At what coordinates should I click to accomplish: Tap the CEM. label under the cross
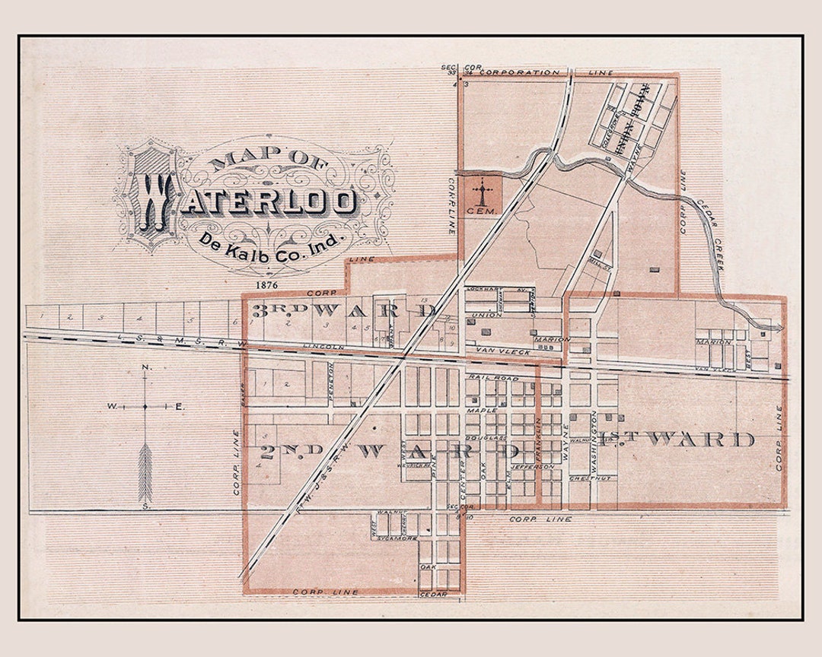pyautogui.click(x=481, y=211)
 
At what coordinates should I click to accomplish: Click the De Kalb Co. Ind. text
pyautogui.click(x=272, y=242)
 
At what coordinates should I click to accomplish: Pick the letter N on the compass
pyautogui.click(x=145, y=369)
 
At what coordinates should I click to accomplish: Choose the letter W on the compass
pyautogui.click(x=111, y=407)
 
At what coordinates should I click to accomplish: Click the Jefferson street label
pyautogui.click(x=534, y=466)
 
